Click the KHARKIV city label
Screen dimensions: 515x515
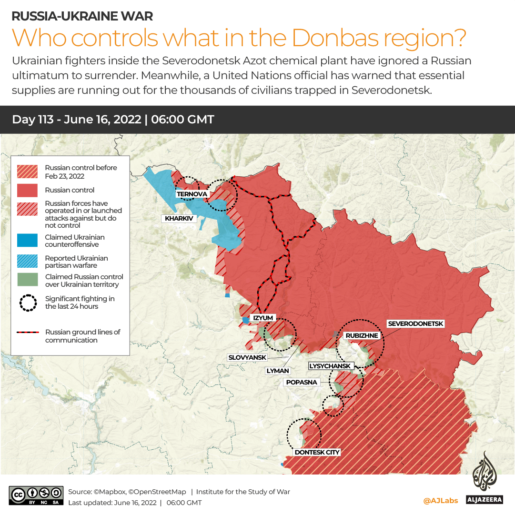pyautogui.click(x=179, y=219)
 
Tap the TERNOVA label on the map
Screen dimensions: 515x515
pyautogui.click(x=192, y=194)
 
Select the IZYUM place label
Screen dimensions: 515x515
pyautogui.click(x=263, y=318)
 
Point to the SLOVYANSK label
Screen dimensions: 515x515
pyautogui.click(x=248, y=357)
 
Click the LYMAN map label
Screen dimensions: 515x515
pyautogui.click(x=278, y=370)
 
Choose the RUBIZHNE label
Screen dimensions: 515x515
pyautogui.click(x=362, y=335)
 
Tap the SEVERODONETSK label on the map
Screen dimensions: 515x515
pyautogui.click(x=415, y=324)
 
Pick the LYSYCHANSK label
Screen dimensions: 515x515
pyautogui.click(x=331, y=366)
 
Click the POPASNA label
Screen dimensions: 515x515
pyautogui.click(x=302, y=382)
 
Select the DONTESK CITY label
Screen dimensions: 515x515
pyautogui.click(x=317, y=452)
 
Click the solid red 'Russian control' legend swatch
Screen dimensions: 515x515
pyautogui.click(x=28, y=190)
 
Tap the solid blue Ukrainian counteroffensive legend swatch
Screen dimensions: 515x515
pyautogui.click(x=28, y=241)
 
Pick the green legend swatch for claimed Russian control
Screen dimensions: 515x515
pyautogui.click(x=28, y=281)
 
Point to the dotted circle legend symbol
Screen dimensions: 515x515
pyautogui.click(x=28, y=303)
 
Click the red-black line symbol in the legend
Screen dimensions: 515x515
pyautogui.click(x=28, y=333)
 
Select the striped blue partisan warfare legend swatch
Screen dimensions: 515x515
pyautogui.click(x=28, y=262)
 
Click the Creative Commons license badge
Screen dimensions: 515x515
pyautogui.click(x=36, y=495)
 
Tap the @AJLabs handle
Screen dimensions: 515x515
pyautogui.click(x=440, y=500)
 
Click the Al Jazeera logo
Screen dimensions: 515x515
pyautogui.click(x=484, y=478)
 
